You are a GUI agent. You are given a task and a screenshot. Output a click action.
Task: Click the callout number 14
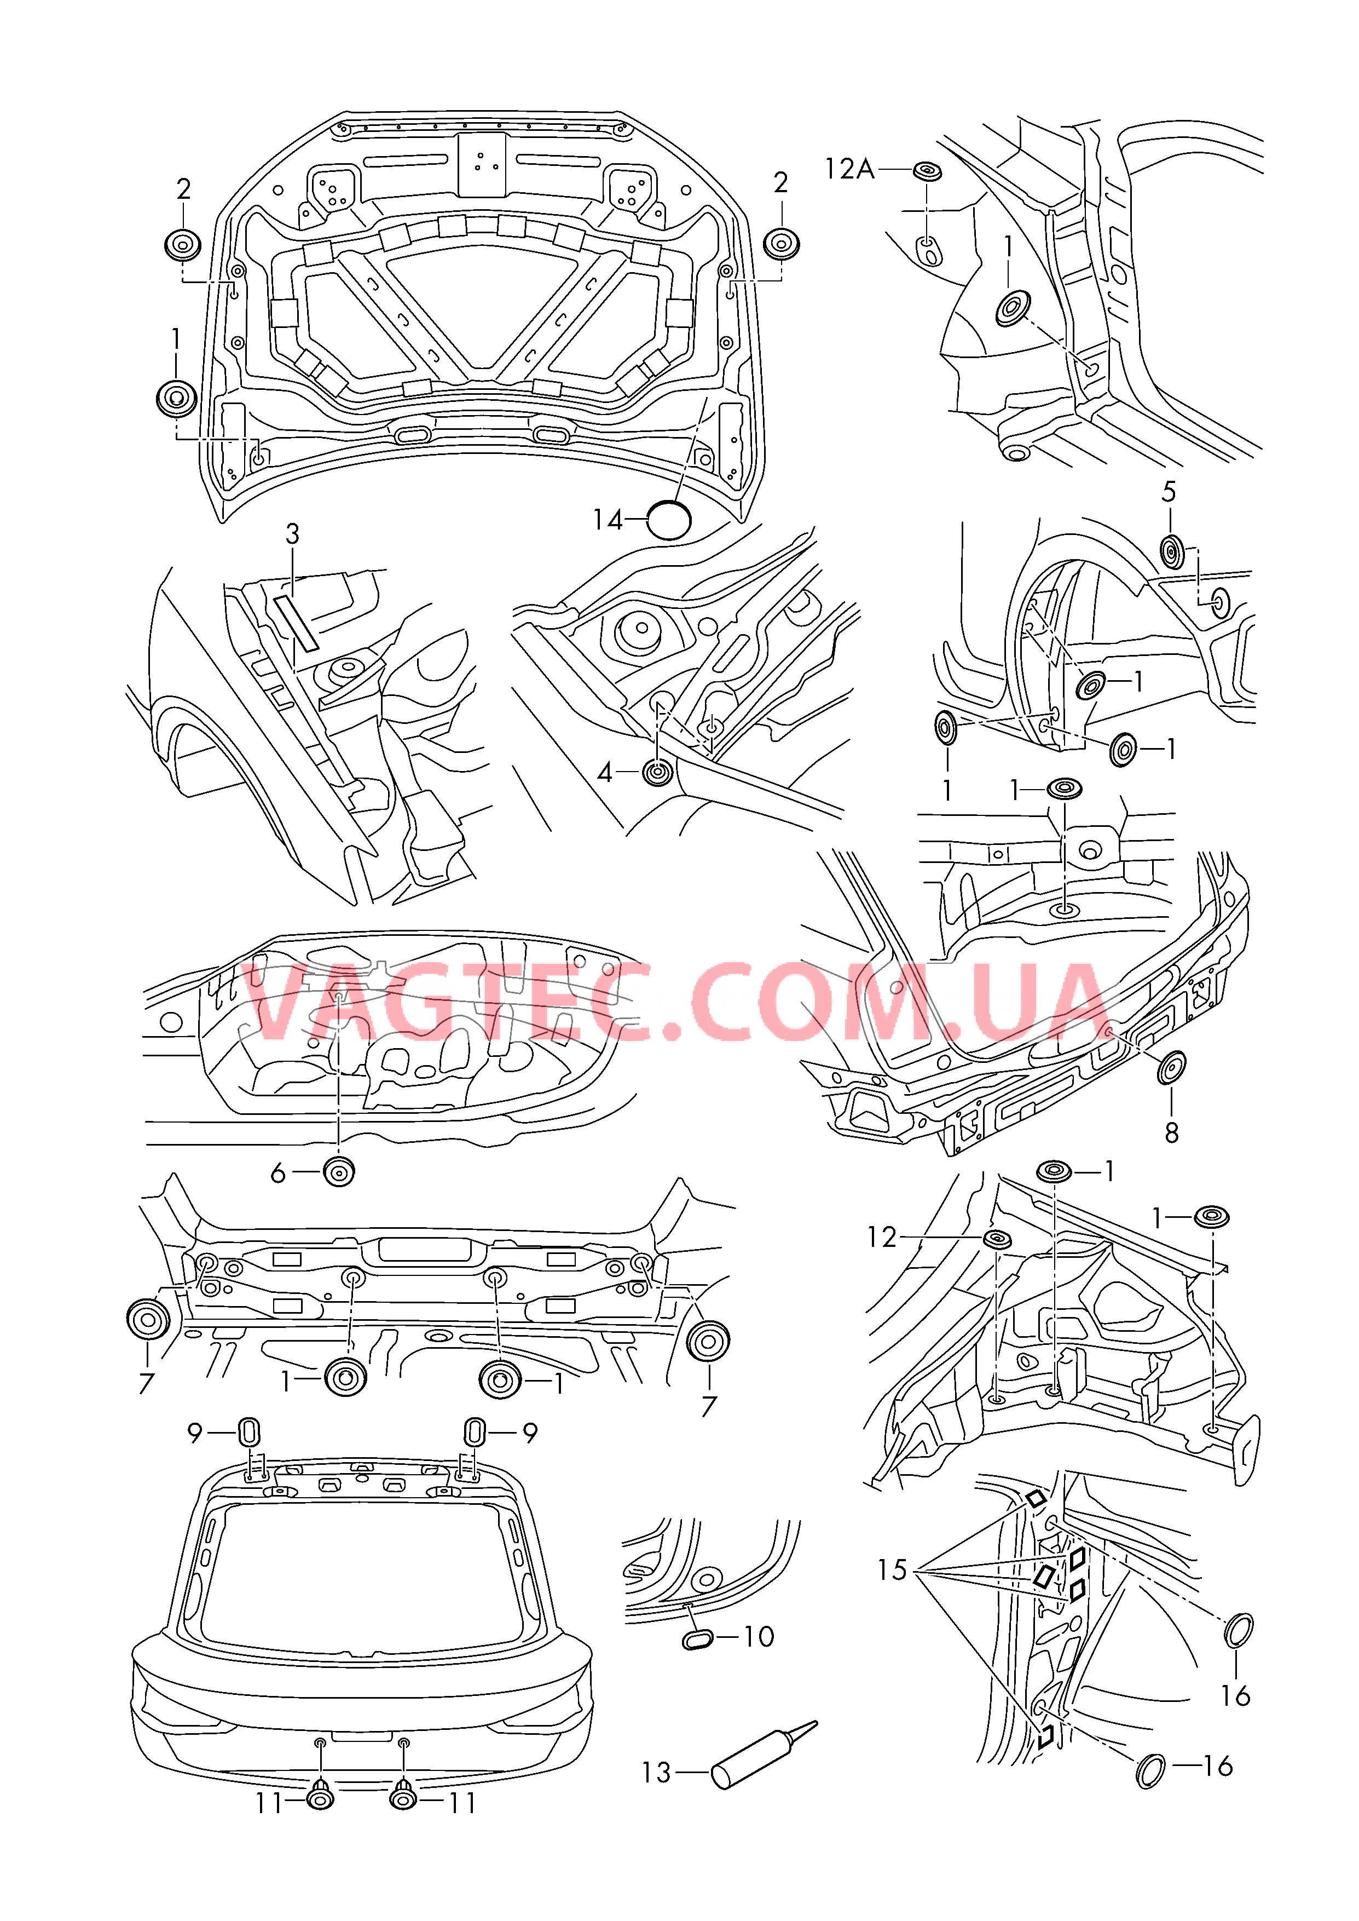[608, 521]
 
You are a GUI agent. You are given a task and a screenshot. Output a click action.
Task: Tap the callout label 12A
[848, 170]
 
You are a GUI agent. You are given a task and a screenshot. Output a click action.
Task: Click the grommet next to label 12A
[927, 171]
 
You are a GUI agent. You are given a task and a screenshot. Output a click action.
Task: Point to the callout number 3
[292, 534]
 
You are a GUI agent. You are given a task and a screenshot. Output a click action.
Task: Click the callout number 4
[605, 773]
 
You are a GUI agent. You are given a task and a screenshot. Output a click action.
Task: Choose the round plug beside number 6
[339, 1172]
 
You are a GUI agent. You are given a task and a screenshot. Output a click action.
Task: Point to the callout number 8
[1172, 1134]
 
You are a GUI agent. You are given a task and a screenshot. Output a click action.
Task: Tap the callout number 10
[758, 1636]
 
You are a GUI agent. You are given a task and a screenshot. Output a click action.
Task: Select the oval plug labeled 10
[697, 1639]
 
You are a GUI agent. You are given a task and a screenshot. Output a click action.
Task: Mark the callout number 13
[656, 1773]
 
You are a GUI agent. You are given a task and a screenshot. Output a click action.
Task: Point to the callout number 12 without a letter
[881, 1237]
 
